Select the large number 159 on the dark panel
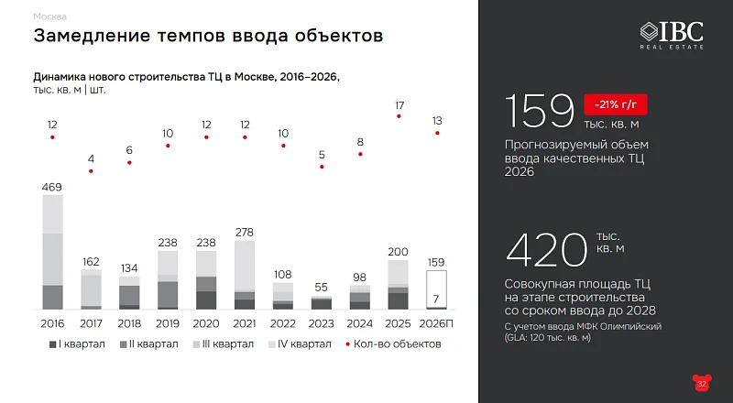coord(539,112)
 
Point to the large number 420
coord(547,249)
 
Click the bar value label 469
coord(52,187)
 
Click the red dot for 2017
coord(91,171)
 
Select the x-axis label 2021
coord(245,322)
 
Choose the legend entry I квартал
coord(79,344)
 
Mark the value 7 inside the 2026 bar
coord(437,300)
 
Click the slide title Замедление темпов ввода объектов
coord(207,37)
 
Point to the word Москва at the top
coord(49,16)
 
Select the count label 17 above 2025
coord(399,106)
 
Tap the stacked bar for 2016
coord(52,252)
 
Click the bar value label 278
coord(245,233)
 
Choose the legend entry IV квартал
coord(301,344)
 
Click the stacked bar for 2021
coord(245,275)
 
